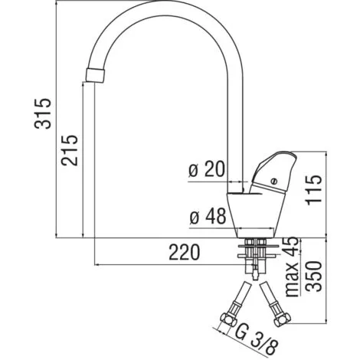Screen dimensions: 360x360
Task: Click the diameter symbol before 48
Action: click(x=195, y=218)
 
